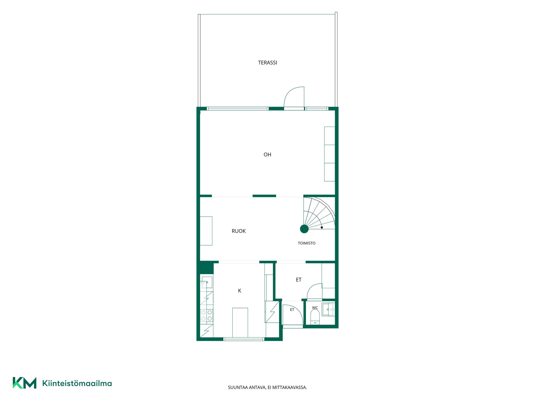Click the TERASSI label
pos(267,63)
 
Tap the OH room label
pos(267,155)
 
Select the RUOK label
pos(239,231)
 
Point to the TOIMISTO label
pos(307,243)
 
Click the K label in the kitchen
pos(240,291)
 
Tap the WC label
pos(315,308)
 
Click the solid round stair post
pos(304,229)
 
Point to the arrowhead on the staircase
pos(322,228)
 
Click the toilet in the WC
pos(315,317)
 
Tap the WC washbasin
pos(328,309)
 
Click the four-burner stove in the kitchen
pos(206,316)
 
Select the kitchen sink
pos(206,282)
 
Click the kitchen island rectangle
pos(240,322)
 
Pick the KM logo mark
pos(25,383)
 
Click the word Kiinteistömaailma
pos(77,383)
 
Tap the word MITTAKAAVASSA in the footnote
pos(290,387)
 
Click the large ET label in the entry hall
pos(299,280)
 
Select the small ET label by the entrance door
pos(292,310)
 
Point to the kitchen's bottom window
pos(244,339)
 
